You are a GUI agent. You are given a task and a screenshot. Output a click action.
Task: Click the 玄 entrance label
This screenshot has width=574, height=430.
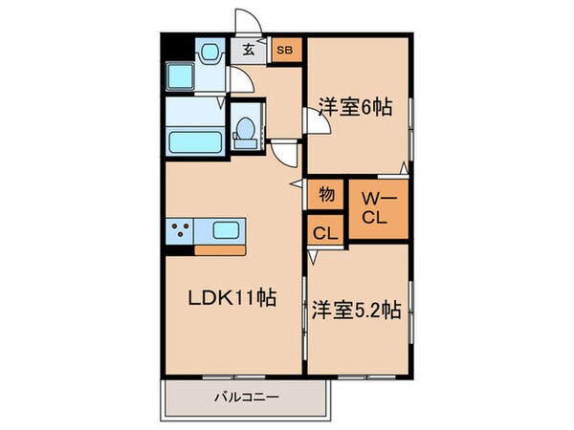pos(248,50)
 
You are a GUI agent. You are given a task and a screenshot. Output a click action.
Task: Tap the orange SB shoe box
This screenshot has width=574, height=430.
pos(284,50)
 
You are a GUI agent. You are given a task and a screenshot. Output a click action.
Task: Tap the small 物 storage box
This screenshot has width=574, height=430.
pos(326,195)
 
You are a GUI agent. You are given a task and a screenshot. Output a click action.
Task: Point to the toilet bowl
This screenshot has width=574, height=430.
pos(245,130)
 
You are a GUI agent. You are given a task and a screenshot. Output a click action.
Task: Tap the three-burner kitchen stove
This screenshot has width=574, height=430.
pos(180,229)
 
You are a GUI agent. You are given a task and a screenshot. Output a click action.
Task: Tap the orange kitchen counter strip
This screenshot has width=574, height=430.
pos(221,250)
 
